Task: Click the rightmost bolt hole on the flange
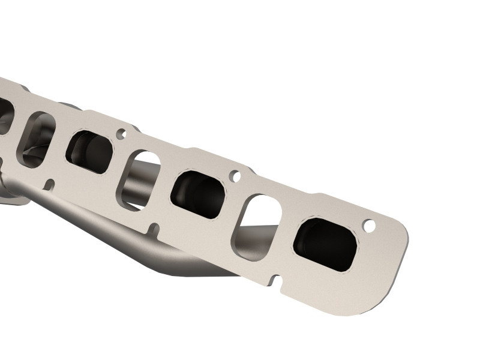tap(369, 226)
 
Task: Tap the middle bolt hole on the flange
tap(235, 176)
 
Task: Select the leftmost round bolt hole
tap(121, 133)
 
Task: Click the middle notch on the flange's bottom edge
tap(154, 229)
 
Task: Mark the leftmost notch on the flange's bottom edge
tap(50, 184)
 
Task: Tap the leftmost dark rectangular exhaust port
tap(89, 151)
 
